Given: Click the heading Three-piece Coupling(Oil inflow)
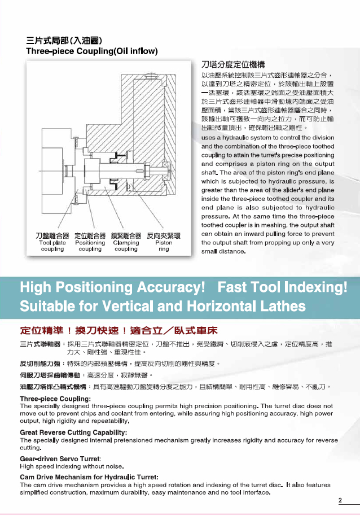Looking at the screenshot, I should point(92,51).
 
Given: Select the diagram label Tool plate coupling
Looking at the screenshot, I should point(52,245).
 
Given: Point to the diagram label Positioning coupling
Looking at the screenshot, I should point(90,245).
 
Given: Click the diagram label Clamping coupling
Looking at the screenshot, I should point(126,245).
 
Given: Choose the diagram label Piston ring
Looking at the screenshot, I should point(164,245).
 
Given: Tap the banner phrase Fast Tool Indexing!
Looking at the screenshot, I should point(282,288).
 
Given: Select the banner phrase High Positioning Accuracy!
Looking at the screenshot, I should point(112,288).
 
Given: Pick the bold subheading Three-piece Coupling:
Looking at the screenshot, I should point(55,399).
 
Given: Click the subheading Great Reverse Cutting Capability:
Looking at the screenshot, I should point(73,432).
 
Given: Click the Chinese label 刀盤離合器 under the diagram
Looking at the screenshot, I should point(52,235).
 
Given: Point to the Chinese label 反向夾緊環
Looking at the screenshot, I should point(164,235).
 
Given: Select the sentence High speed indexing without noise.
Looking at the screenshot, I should point(72,466).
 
